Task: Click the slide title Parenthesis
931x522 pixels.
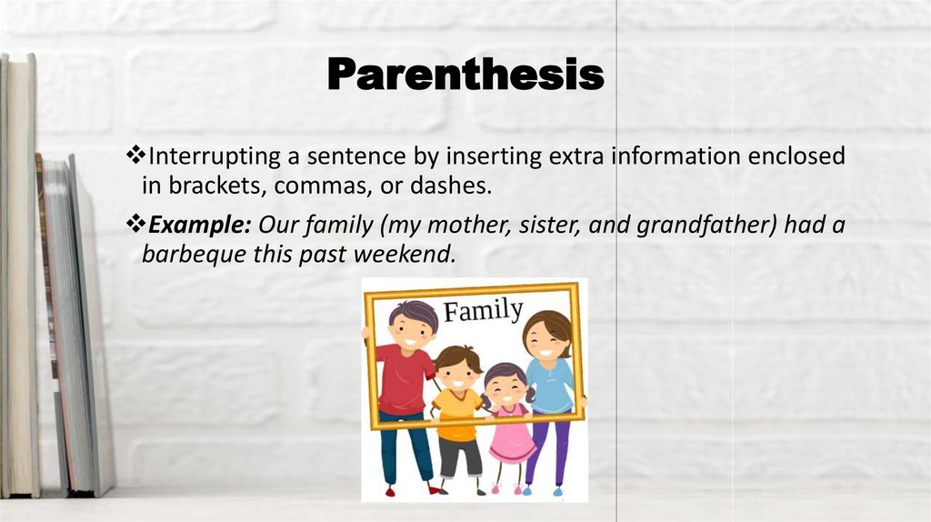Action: [x=465, y=75]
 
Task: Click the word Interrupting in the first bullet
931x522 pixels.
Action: [x=204, y=156]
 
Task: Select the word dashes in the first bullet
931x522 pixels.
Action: [x=457, y=186]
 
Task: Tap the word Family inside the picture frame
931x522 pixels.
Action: [x=483, y=312]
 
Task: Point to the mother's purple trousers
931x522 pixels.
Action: [x=546, y=447]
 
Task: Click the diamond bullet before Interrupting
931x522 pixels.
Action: [x=135, y=156]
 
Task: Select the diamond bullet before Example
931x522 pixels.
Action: [x=135, y=224]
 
